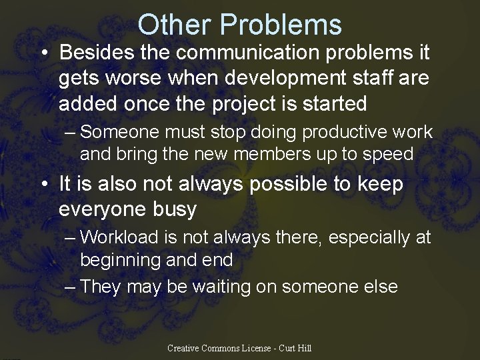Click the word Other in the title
[x=174, y=25]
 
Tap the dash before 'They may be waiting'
[x=71, y=287]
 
